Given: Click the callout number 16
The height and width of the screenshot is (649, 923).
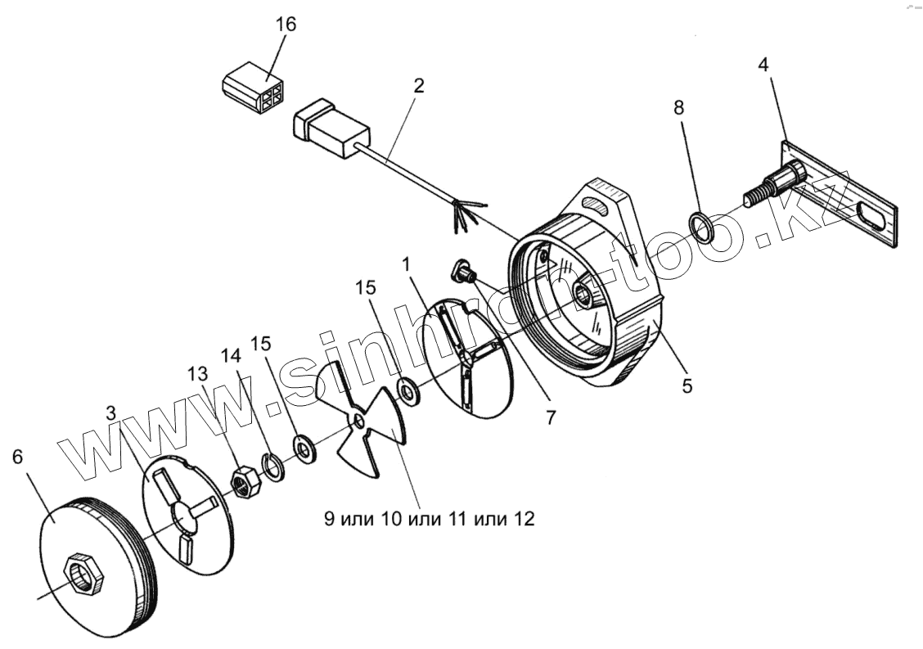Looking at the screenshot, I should [x=286, y=24].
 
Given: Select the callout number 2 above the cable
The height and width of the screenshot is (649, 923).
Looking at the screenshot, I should [x=418, y=86].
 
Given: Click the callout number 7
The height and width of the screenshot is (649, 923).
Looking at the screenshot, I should [x=551, y=417].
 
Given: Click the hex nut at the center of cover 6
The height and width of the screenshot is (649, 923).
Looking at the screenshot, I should [x=83, y=571].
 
